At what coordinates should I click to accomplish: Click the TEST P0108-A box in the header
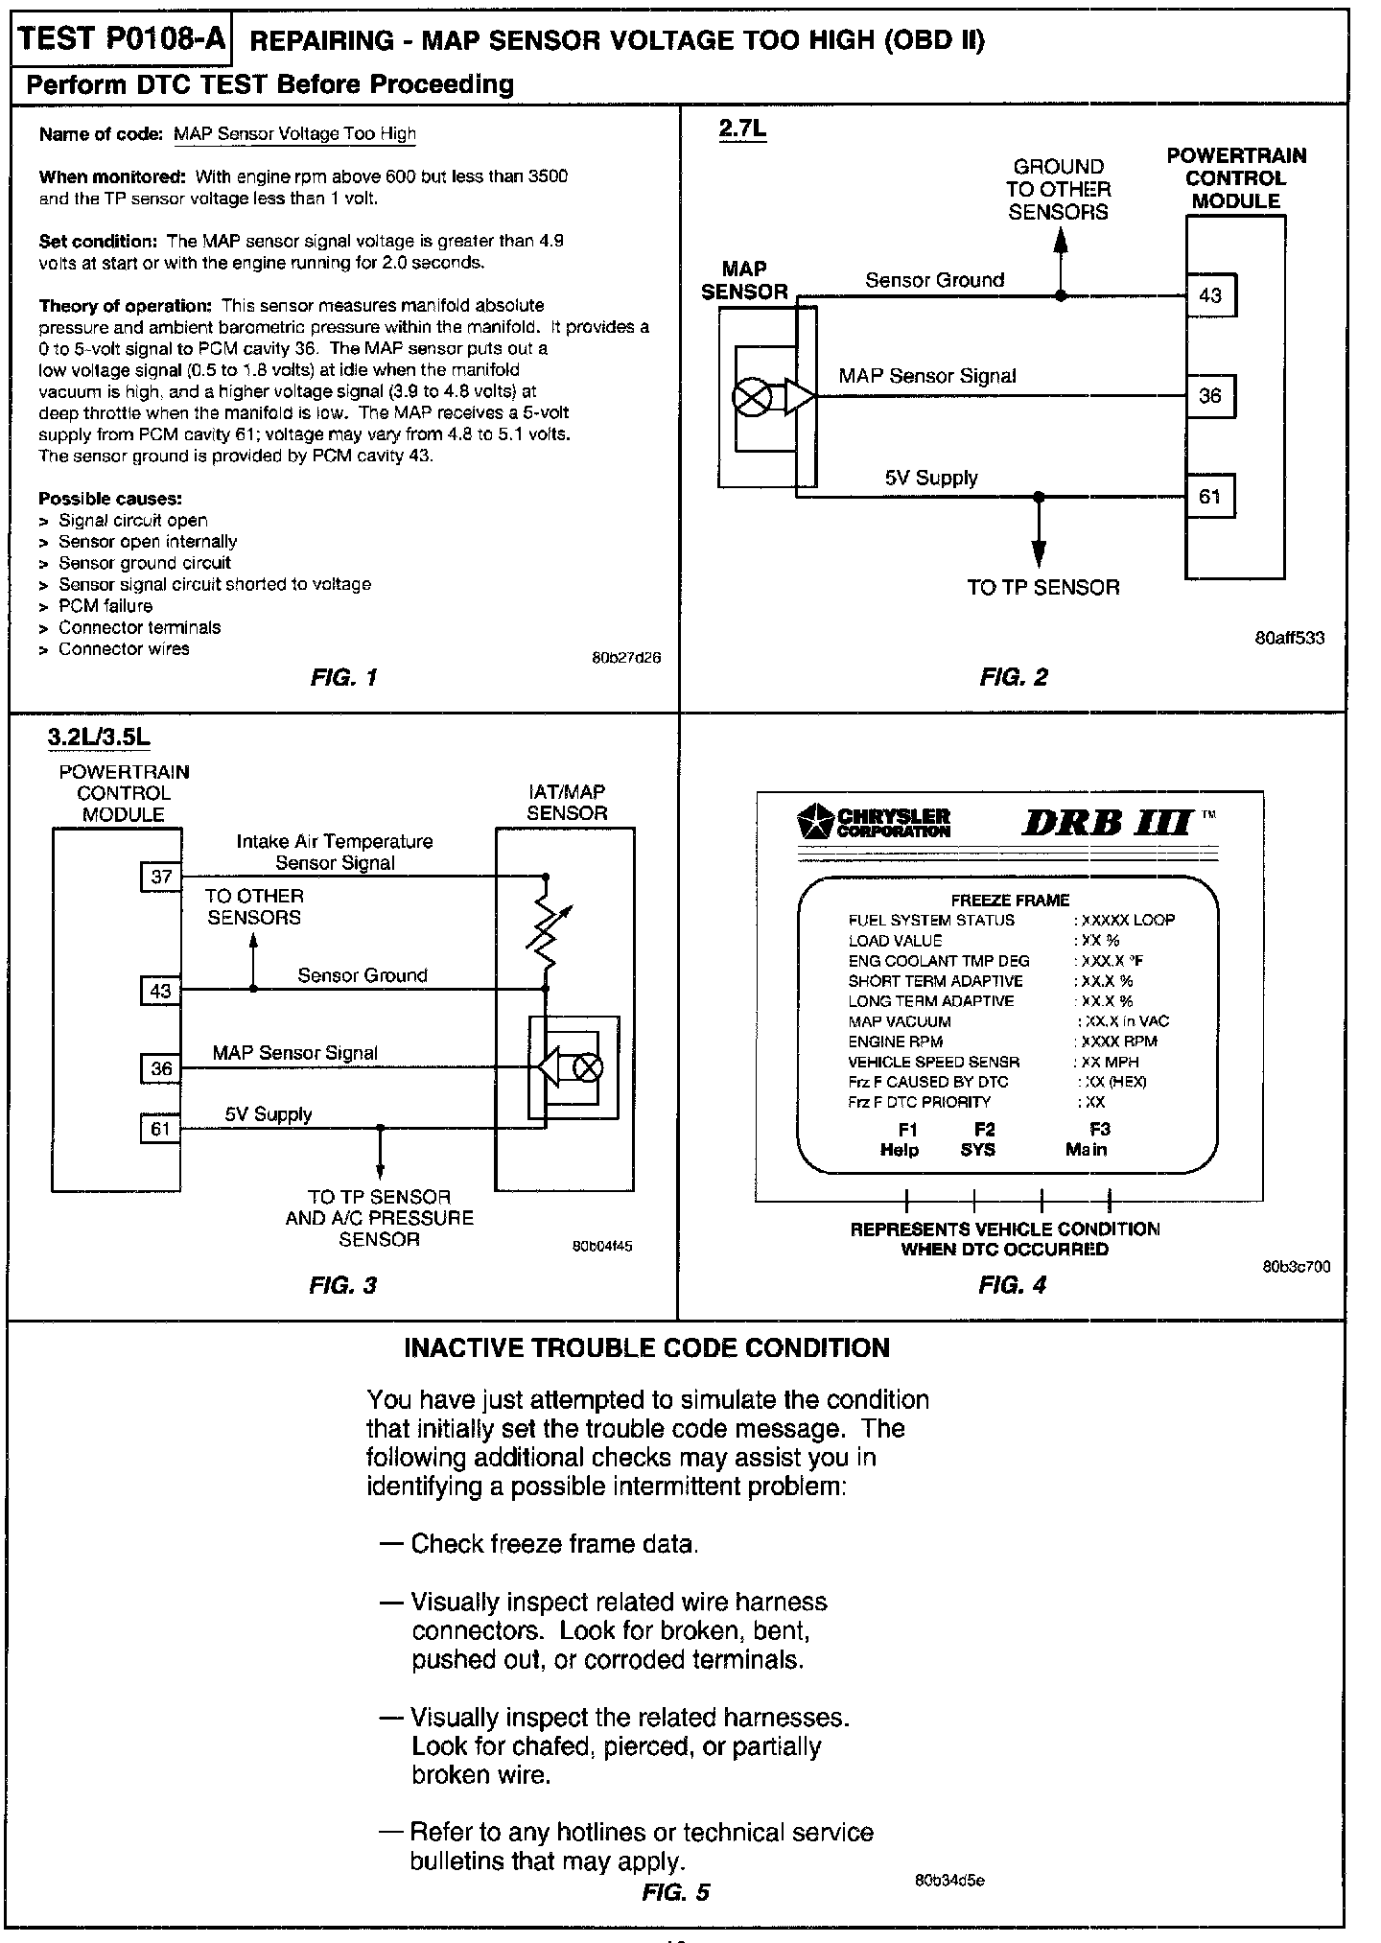121,38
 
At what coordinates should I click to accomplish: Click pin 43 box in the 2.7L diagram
1210,295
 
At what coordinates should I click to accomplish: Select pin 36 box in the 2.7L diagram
1210,396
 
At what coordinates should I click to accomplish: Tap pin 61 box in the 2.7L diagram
1210,497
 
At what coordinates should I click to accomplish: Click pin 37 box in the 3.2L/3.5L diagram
161,877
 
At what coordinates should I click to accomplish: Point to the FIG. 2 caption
1014,677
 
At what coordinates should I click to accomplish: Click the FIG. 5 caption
676,1892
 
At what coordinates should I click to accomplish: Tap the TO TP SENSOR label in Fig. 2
1042,588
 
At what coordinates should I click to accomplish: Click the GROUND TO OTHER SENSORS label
1059,190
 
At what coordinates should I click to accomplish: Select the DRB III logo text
1108,823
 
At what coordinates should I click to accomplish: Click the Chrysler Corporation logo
874,823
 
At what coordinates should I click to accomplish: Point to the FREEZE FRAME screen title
1009,900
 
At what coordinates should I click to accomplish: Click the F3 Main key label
1087,1139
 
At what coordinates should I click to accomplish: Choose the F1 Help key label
900,1139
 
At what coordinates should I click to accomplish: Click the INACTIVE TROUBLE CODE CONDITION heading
646,1347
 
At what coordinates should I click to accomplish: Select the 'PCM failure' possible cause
105,606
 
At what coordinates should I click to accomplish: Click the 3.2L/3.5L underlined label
99,737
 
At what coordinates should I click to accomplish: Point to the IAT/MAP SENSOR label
567,803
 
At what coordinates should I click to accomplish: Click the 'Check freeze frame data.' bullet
554,1544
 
